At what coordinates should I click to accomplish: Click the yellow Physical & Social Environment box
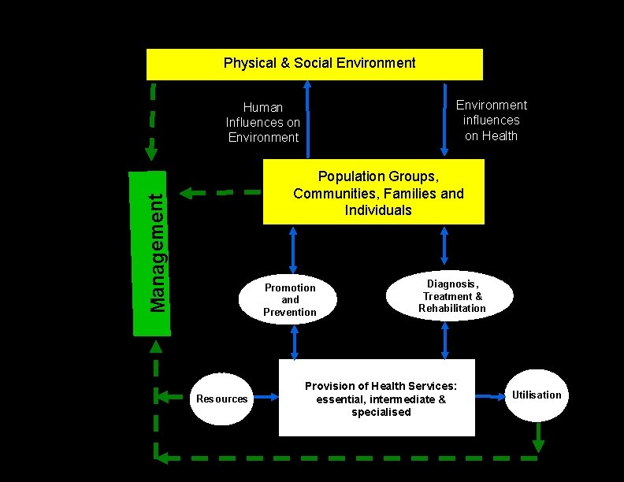pos(314,64)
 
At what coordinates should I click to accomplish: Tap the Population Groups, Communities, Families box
pos(373,192)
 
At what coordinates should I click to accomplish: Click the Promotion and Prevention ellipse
pos(290,299)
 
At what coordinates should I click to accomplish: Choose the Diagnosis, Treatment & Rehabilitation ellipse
pos(450,295)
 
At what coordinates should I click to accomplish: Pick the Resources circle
pos(221,399)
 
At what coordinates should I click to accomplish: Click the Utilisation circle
pos(537,395)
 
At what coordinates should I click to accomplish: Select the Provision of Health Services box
pos(377,398)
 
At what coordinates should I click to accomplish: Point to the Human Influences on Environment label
pos(263,122)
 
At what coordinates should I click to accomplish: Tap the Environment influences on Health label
pos(492,120)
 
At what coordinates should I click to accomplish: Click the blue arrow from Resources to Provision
pos(266,398)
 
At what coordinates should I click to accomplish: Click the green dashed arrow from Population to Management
pos(221,191)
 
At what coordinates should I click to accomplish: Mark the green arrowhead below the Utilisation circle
pos(538,445)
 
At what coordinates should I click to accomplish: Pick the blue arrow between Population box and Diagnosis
pos(444,245)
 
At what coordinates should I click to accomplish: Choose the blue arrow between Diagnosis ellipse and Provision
pos(445,340)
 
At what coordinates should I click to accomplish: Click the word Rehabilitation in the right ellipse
pos(452,308)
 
